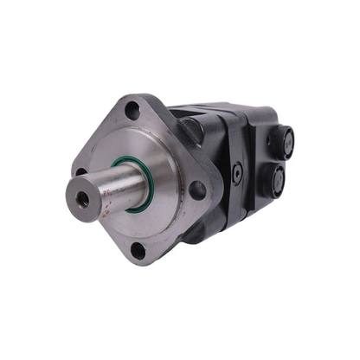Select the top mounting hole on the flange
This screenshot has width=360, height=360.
point(132,111)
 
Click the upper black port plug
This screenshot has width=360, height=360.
point(280,138)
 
